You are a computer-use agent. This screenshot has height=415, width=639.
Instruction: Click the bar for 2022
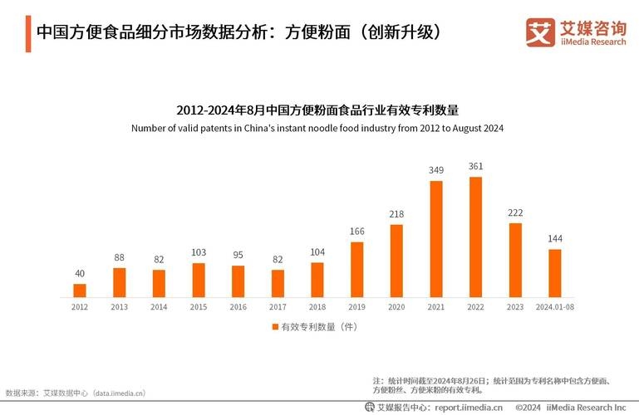(x=476, y=237)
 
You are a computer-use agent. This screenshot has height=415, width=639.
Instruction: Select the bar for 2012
(x=80, y=290)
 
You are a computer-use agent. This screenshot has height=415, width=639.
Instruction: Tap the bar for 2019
(x=357, y=269)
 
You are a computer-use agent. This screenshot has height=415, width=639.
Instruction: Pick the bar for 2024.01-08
(x=555, y=272)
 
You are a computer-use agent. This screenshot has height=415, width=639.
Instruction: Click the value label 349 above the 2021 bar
(x=436, y=170)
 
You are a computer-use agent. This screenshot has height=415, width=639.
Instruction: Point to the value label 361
(x=476, y=166)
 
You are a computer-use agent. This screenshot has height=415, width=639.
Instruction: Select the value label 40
(x=80, y=273)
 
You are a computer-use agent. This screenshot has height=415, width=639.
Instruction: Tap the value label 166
(x=357, y=231)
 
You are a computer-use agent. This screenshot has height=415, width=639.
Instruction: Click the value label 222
(x=515, y=212)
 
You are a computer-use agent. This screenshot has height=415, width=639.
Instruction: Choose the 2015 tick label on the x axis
(x=199, y=307)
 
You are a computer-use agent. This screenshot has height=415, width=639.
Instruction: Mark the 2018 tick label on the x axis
(x=317, y=307)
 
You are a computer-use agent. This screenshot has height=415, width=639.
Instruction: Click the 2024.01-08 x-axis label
(x=555, y=307)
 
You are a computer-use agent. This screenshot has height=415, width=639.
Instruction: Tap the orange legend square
(x=275, y=327)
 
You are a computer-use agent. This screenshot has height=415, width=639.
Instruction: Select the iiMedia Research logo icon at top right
(x=540, y=32)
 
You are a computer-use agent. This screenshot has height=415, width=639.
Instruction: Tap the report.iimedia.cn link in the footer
(x=469, y=407)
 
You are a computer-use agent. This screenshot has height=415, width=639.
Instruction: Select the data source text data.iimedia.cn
(x=119, y=393)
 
